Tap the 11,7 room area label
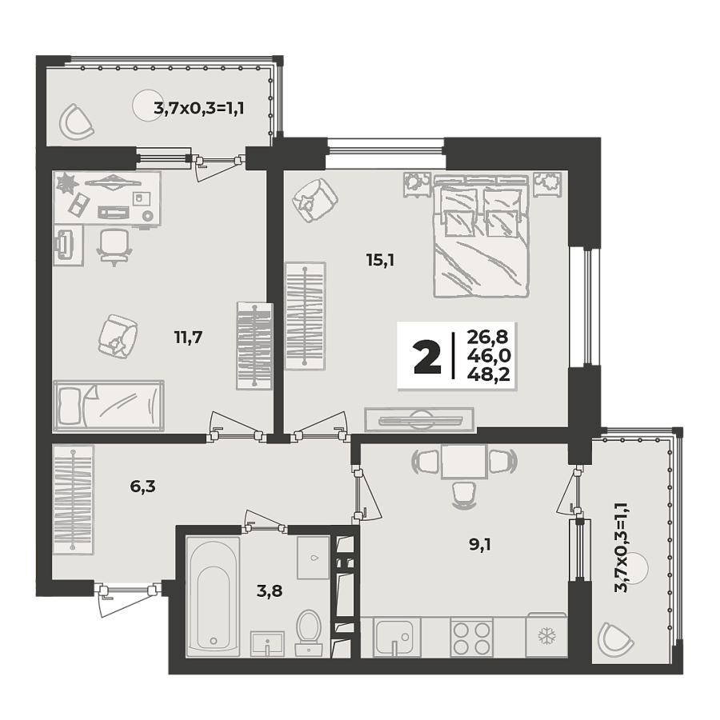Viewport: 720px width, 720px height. point(188,337)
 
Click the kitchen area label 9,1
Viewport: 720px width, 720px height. point(480,547)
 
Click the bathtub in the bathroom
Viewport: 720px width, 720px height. point(212,596)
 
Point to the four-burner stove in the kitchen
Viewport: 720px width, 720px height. point(472,638)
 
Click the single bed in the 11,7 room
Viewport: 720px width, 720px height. point(108,405)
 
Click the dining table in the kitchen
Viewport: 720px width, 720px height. point(464,462)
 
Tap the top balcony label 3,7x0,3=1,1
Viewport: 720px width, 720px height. point(198,107)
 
